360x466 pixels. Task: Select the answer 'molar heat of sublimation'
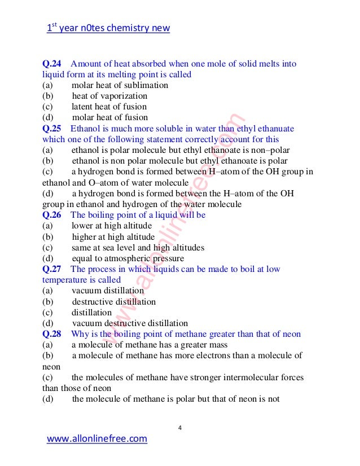coord(120,85)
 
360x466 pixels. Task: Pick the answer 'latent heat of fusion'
coord(109,107)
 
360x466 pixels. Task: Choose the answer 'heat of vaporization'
coord(109,96)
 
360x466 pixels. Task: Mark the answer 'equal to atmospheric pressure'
coord(128,258)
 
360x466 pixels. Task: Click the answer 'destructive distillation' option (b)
coord(113,302)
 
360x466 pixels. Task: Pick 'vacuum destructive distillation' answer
coord(130,323)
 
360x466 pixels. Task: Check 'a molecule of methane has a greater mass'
coord(150,345)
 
